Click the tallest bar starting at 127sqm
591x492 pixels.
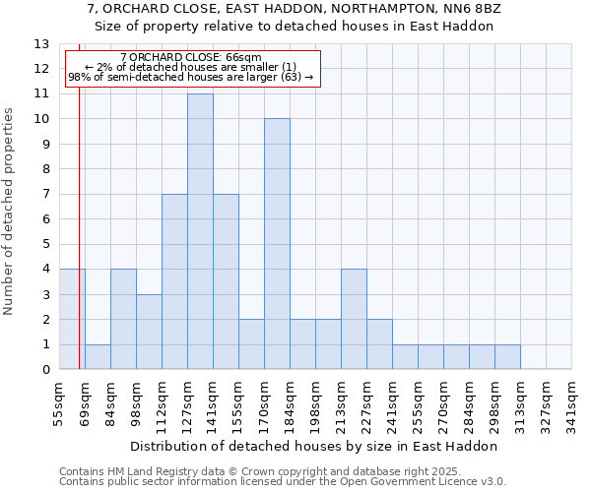(200, 231)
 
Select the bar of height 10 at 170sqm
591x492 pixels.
(277, 244)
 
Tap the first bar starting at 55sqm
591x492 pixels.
(72, 320)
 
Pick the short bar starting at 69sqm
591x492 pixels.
(98, 357)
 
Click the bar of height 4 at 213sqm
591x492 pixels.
(354, 320)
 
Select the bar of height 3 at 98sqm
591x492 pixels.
(149, 332)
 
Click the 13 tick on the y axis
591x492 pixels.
(41, 44)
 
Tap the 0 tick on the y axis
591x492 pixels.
(45, 370)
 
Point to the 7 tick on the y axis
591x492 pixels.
(45, 195)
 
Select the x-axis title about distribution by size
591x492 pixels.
(314, 446)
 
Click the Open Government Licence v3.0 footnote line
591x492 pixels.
(283, 481)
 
